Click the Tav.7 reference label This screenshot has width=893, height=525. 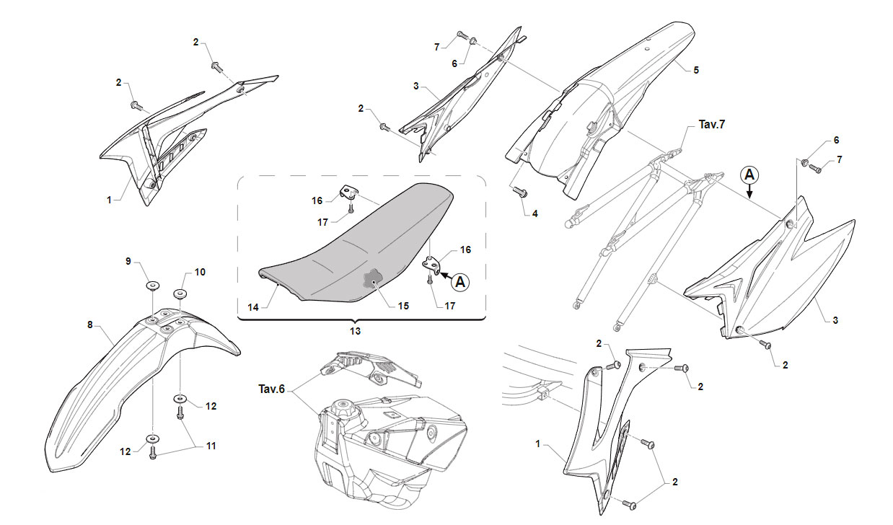click(x=712, y=124)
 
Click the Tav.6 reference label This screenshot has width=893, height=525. click(x=271, y=389)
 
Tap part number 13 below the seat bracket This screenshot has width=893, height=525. click(x=355, y=331)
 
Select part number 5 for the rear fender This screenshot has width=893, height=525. click(x=696, y=70)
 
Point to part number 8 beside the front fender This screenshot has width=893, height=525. click(x=90, y=325)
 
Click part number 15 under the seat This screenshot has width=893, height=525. click(x=403, y=306)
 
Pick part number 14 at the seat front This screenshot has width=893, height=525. click(x=253, y=307)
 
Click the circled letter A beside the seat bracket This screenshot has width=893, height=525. click(x=460, y=282)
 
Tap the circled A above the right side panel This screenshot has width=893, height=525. click(x=749, y=175)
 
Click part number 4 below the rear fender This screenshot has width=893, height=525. click(x=535, y=213)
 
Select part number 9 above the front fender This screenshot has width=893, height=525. click(x=128, y=261)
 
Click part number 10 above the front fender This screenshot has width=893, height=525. click(x=200, y=272)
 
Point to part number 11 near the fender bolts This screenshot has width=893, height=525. click(x=211, y=446)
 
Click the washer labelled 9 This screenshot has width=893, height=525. click(x=152, y=286)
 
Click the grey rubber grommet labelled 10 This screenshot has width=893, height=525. click(x=180, y=294)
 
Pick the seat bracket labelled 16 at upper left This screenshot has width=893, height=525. click(x=348, y=193)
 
